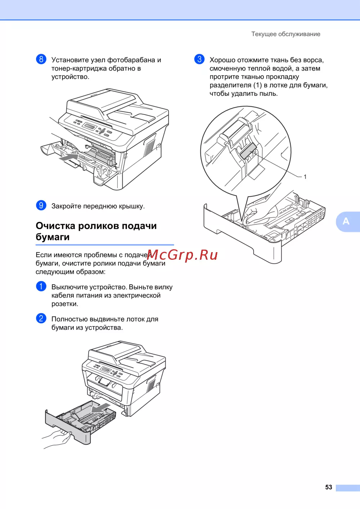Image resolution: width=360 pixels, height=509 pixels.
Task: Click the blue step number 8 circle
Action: click(41, 59)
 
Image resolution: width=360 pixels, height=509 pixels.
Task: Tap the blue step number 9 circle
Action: click(41, 205)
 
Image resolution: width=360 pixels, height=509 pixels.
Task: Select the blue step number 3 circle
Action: click(199, 59)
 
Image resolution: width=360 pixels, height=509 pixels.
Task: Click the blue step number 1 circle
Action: click(41, 286)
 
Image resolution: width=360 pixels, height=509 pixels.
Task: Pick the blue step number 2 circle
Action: click(41, 318)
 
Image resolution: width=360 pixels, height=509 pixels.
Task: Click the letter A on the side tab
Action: click(346, 221)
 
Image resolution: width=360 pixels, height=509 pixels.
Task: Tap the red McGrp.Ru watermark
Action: click(182, 255)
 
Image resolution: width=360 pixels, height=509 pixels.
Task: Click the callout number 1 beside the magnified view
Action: click(305, 177)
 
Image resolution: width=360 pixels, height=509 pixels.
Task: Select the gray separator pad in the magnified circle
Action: click(248, 151)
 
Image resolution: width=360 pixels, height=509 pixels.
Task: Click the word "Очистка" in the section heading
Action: click(56, 226)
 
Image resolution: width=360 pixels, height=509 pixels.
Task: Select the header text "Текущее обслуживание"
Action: click(286, 34)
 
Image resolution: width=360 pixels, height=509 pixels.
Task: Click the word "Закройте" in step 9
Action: click(66, 206)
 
